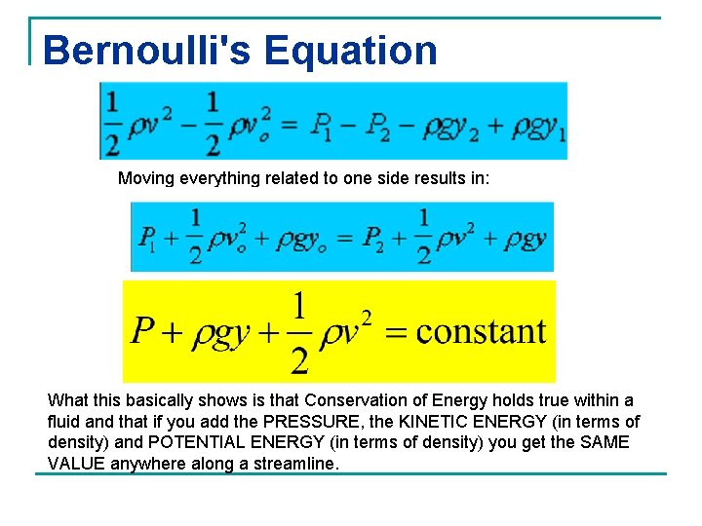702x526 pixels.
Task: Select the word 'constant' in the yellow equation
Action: click(481, 331)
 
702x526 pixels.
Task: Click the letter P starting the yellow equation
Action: click(142, 331)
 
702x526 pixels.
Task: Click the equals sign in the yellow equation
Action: click(396, 332)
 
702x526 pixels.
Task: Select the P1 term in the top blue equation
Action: click(321, 125)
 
